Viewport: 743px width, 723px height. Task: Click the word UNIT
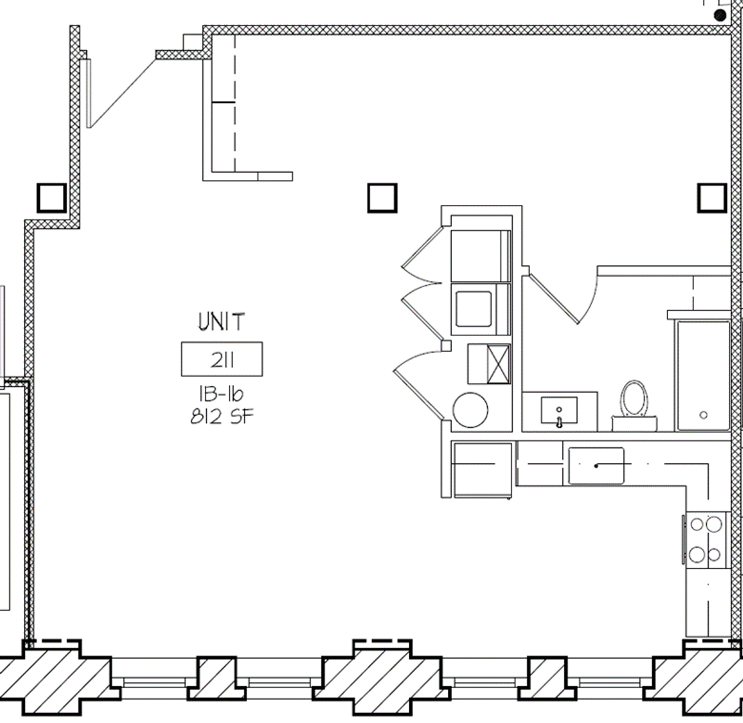pyautogui.click(x=222, y=321)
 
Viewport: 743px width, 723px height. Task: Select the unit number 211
pyautogui.click(x=222, y=361)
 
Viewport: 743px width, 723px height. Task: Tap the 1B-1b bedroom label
pyautogui.click(x=221, y=394)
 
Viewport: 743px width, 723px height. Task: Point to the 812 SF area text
pyautogui.click(x=222, y=416)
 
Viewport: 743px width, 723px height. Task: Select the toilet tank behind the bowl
pyautogui.click(x=634, y=424)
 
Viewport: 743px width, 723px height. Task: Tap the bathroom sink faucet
pyautogui.click(x=559, y=422)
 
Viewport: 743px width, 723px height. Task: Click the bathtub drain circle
pyautogui.click(x=704, y=415)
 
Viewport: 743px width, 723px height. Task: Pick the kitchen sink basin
pyautogui.click(x=596, y=466)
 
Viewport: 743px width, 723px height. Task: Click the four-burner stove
pyautogui.click(x=706, y=540)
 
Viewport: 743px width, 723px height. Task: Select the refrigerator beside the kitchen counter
pyautogui.click(x=483, y=470)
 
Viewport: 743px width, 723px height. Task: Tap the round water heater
pyautogui.click(x=470, y=410)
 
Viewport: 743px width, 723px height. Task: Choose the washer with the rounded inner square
pyautogui.click(x=480, y=309)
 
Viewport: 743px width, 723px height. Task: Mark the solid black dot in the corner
pyautogui.click(x=720, y=15)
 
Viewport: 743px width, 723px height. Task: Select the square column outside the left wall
pyautogui.click(x=51, y=197)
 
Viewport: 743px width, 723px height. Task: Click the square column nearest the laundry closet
pyautogui.click(x=382, y=197)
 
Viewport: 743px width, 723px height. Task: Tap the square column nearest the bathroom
pyautogui.click(x=712, y=197)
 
